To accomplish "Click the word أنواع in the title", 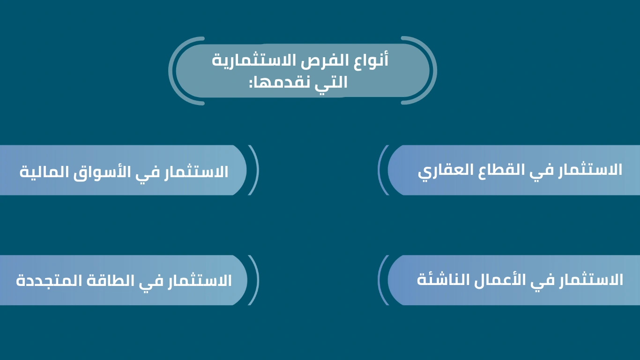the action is point(371,60).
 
